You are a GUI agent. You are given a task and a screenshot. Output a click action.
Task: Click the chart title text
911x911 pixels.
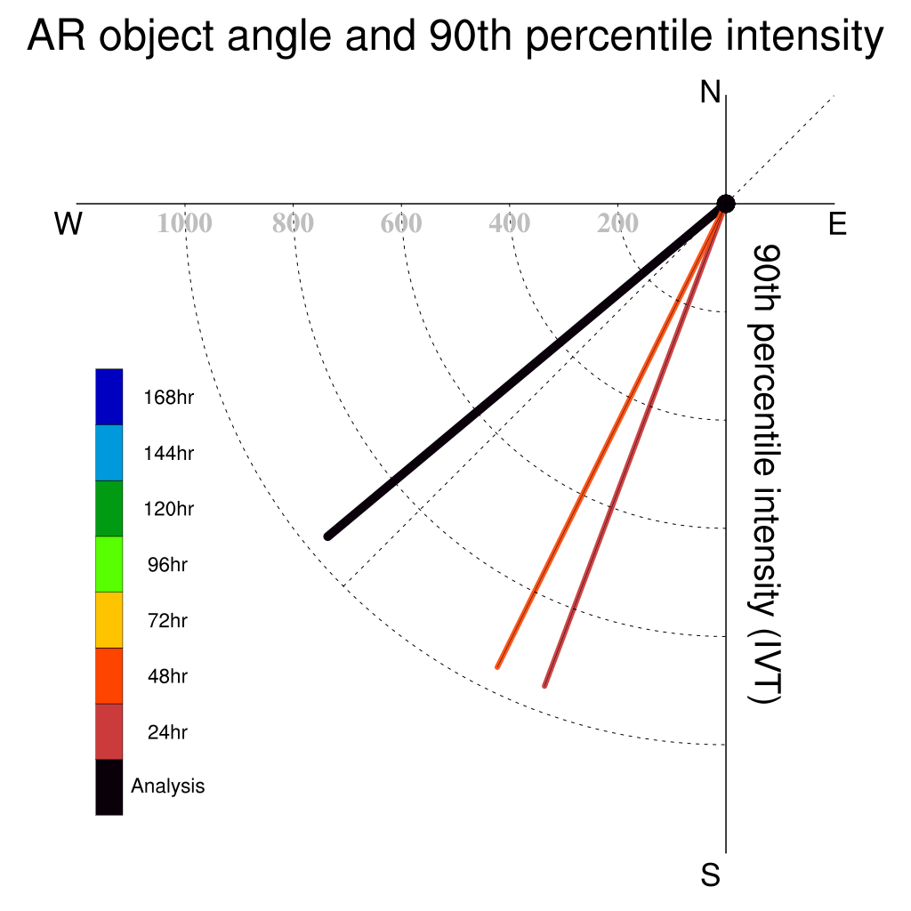(x=455, y=36)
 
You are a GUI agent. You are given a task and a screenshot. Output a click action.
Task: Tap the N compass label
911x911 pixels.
(x=710, y=92)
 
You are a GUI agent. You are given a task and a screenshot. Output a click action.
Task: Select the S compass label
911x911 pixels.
(x=710, y=875)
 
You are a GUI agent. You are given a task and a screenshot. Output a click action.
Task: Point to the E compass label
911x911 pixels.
(x=837, y=223)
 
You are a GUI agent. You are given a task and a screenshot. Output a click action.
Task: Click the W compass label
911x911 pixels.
(x=69, y=223)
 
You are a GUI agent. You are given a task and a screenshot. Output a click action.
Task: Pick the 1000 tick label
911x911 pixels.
(x=185, y=223)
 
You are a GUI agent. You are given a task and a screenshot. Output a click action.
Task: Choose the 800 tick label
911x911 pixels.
(x=293, y=223)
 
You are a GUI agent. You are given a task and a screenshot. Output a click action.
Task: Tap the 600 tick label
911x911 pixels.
(x=401, y=223)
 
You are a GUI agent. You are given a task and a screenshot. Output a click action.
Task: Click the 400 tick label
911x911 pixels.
(x=510, y=223)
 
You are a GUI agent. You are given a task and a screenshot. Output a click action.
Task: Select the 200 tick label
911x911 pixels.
(x=617, y=223)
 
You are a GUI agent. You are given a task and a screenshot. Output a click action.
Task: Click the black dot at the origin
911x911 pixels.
(x=726, y=204)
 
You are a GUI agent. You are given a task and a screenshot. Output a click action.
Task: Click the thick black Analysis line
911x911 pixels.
(x=527, y=370)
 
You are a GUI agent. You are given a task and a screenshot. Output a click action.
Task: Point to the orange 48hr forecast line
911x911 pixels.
(x=611, y=436)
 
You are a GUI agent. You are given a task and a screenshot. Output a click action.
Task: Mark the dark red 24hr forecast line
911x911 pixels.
(x=635, y=445)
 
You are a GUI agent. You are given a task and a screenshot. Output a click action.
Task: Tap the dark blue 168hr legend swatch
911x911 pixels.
(x=109, y=397)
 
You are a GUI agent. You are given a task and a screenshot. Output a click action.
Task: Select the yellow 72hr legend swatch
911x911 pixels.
(x=109, y=620)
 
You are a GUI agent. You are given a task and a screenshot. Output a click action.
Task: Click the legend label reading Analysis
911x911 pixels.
(x=168, y=786)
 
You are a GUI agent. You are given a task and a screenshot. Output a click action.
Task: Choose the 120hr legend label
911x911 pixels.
(x=168, y=509)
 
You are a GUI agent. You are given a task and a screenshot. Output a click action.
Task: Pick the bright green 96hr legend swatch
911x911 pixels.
(x=109, y=564)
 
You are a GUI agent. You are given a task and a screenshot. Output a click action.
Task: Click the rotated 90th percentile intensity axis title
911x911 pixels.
(x=765, y=474)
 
